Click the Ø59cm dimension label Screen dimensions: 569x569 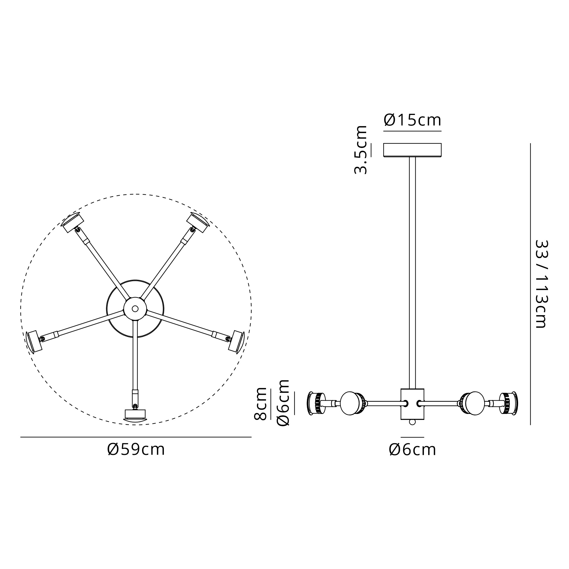point(136,450)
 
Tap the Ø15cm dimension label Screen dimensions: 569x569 point(412,120)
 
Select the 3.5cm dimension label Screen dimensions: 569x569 point(360,150)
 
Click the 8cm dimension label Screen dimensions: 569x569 point(260,403)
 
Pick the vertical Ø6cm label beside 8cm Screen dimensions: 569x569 point(283,403)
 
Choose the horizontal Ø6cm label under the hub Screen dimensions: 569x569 point(412,450)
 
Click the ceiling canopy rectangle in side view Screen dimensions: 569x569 point(412,150)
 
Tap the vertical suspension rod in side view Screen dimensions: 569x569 point(412,273)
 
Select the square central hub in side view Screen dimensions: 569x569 point(412,404)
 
